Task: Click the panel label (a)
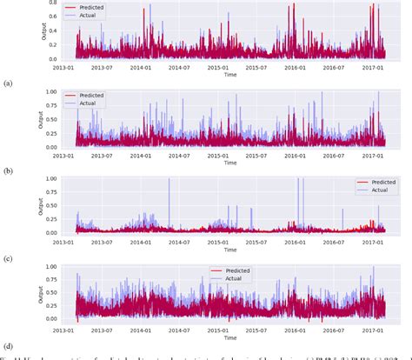(x=8, y=83)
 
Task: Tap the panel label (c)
(x=8, y=258)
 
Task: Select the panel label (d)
(x=8, y=345)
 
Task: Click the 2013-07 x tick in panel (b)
(x=103, y=156)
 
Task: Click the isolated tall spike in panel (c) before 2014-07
(x=169, y=179)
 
